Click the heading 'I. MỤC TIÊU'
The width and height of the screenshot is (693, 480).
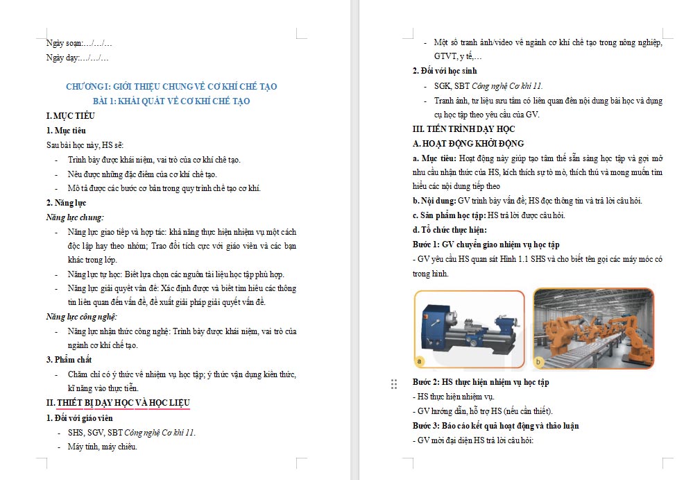pyautogui.click(x=71, y=115)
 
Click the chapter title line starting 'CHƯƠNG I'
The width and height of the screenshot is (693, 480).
pyautogui.click(x=171, y=87)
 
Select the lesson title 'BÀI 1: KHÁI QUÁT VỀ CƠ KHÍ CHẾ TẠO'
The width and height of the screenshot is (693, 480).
pyautogui.click(x=171, y=101)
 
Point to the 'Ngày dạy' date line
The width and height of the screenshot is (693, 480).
pyautogui.click(x=77, y=58)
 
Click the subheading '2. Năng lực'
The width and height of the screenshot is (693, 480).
pyautogui.click(x=66, y=203)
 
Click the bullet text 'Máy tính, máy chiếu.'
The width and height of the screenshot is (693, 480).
pyautogui.click(x=103, y=447)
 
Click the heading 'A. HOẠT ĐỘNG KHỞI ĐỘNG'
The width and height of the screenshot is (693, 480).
pyautogui.click(x=468, y=144)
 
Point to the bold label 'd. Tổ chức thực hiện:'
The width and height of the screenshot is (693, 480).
pyautogui.click(x=450, y=230)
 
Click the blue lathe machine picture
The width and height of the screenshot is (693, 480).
pyautogui.click(x=469, y=328)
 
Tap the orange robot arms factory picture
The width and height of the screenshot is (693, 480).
pyautogui.click(x=593, y=328)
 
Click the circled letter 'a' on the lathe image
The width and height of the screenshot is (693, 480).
pyautogui.click(x=420, y=361)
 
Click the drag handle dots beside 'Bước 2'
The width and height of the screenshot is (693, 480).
pyautogui.click(x=394, y=383)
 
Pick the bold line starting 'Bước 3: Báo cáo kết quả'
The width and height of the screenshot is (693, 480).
pyautogui.click(x=495, y=426)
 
